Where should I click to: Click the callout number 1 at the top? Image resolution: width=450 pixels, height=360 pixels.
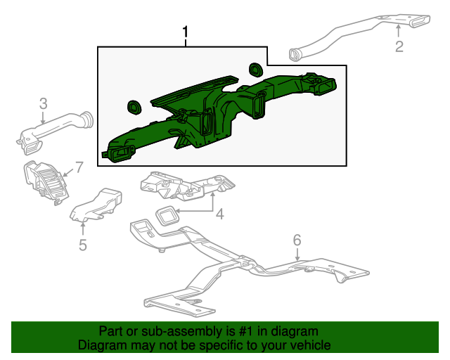[186, 32]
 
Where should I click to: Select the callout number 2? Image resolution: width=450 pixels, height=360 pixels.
[399, 47]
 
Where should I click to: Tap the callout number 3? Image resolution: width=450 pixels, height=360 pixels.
[43, 103]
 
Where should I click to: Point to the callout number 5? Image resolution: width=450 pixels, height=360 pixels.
[83, 245]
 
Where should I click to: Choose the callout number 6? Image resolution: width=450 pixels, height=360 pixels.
[297, 240]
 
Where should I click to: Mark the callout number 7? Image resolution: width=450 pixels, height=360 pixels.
[79, 167]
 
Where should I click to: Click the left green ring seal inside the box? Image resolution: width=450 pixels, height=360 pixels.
[133, 108]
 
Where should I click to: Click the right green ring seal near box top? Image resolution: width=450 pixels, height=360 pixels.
[255, 69]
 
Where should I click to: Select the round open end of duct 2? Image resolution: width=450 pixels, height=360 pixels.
[295, 53]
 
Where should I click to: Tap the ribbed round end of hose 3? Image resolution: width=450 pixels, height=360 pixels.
[86, 120]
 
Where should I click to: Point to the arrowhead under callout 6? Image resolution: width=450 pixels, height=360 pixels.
[297, 259]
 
